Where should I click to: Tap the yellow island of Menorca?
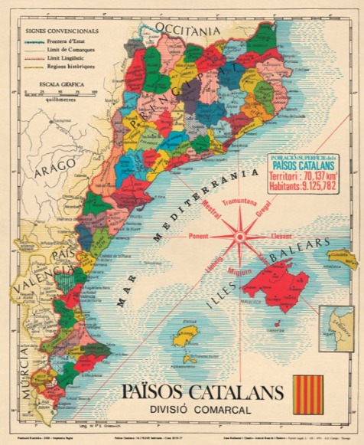[x=342, y=259]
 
